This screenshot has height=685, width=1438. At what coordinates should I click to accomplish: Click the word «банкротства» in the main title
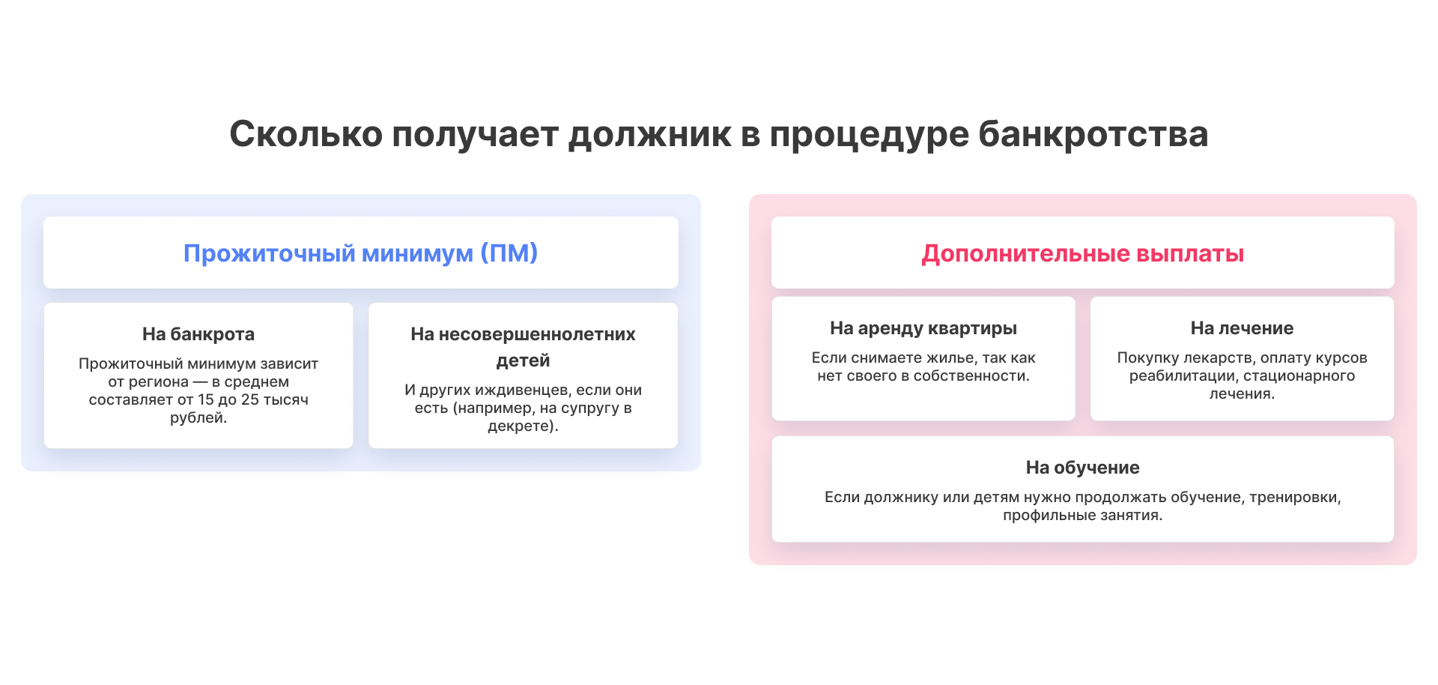tap(1093, 134)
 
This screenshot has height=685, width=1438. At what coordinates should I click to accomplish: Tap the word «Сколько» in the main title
tap(306, 134)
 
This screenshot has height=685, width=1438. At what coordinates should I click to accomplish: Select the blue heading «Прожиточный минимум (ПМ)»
tap(361, 253)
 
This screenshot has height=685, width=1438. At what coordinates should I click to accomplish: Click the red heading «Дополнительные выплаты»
tap(1083, 253)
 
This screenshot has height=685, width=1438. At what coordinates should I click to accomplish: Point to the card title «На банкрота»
tap(198, 334)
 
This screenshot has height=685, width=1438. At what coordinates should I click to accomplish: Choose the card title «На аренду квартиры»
tap(923, 328)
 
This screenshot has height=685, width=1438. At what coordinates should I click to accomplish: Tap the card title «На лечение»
tap(1242, 328)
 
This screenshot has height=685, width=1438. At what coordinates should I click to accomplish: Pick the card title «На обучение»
tap(1083, 468)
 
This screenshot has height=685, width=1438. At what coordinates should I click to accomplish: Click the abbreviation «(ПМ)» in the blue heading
tap(509, 253)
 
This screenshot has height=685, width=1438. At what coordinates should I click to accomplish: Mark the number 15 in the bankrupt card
tap(206, 399)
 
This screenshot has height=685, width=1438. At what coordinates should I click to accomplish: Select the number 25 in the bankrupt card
tap(250, 399)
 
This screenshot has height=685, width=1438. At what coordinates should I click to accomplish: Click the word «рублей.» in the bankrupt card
tap(198, 418)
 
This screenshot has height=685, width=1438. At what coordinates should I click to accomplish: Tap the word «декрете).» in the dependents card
tap(523, 426)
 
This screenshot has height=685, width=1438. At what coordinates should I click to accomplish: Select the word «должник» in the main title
tap(650, 136)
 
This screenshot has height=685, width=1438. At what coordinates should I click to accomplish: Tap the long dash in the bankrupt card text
tap(201, 382)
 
